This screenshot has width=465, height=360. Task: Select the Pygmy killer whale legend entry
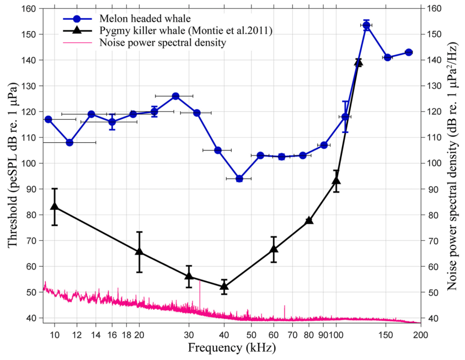click(x=185, y=30)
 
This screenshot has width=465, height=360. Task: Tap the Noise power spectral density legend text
click(x=162, y=42)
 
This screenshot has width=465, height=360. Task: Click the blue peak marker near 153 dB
click(x=366, y=25)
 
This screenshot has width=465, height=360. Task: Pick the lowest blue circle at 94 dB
click(x=239, y=179)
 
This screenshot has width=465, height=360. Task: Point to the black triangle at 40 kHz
click(x=224, y=286)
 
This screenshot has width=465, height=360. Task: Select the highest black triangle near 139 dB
click(x=358, y=62)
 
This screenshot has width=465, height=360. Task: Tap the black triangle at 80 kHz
click(x=309, y=221)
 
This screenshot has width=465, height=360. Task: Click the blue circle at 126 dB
click(x=175, y=96)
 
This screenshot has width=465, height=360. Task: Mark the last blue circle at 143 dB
click(x=409, y=52)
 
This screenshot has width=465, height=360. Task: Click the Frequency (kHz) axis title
click(x=231, y=348)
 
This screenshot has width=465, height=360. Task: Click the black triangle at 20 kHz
click(x=139, y=252)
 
